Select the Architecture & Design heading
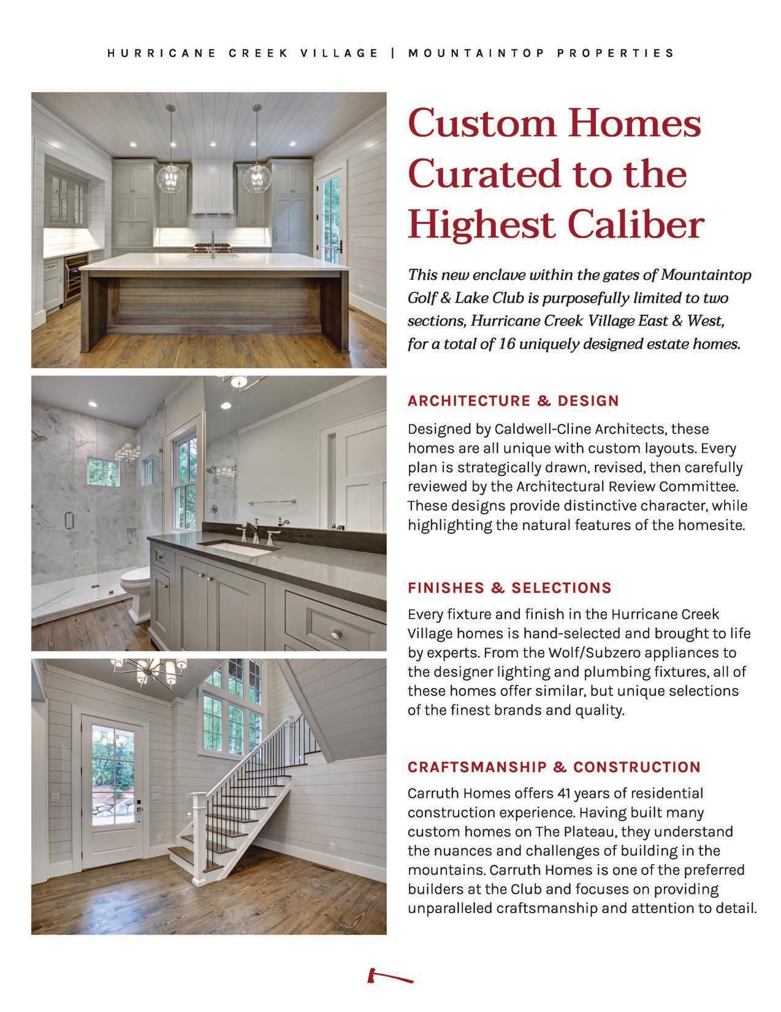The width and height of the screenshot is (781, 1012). click(513, 401)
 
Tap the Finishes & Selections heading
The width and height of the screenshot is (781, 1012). click(509, 588)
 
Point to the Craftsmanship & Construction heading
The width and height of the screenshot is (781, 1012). click(554, 767)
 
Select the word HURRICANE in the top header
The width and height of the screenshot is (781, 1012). click(160, 53)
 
